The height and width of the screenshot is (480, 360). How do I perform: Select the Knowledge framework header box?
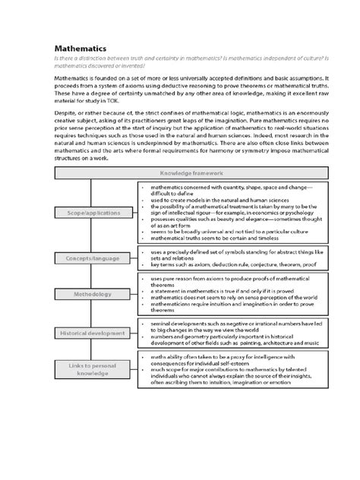(180, 174)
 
